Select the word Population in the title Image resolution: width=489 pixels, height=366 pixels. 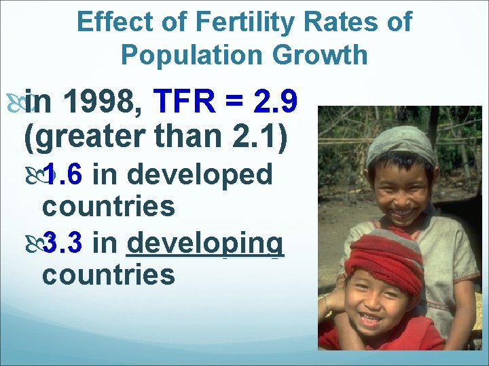tap(191, 55)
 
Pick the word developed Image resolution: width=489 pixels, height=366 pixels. tap(200, 175)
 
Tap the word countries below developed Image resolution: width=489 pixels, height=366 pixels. tap(109, 206)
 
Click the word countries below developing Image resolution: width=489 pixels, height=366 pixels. tap(109, 274)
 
